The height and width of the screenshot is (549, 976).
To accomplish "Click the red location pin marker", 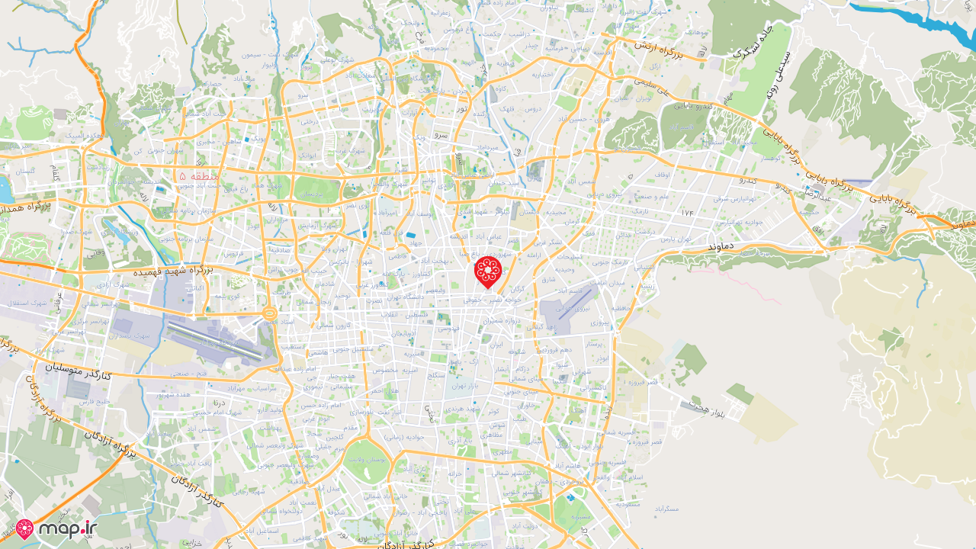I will (488, 271).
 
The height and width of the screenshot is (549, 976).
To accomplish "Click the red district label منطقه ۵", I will (199, 176).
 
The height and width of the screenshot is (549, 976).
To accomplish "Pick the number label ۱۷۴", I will (688, 211).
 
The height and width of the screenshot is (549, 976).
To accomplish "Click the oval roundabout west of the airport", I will (269, 313).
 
